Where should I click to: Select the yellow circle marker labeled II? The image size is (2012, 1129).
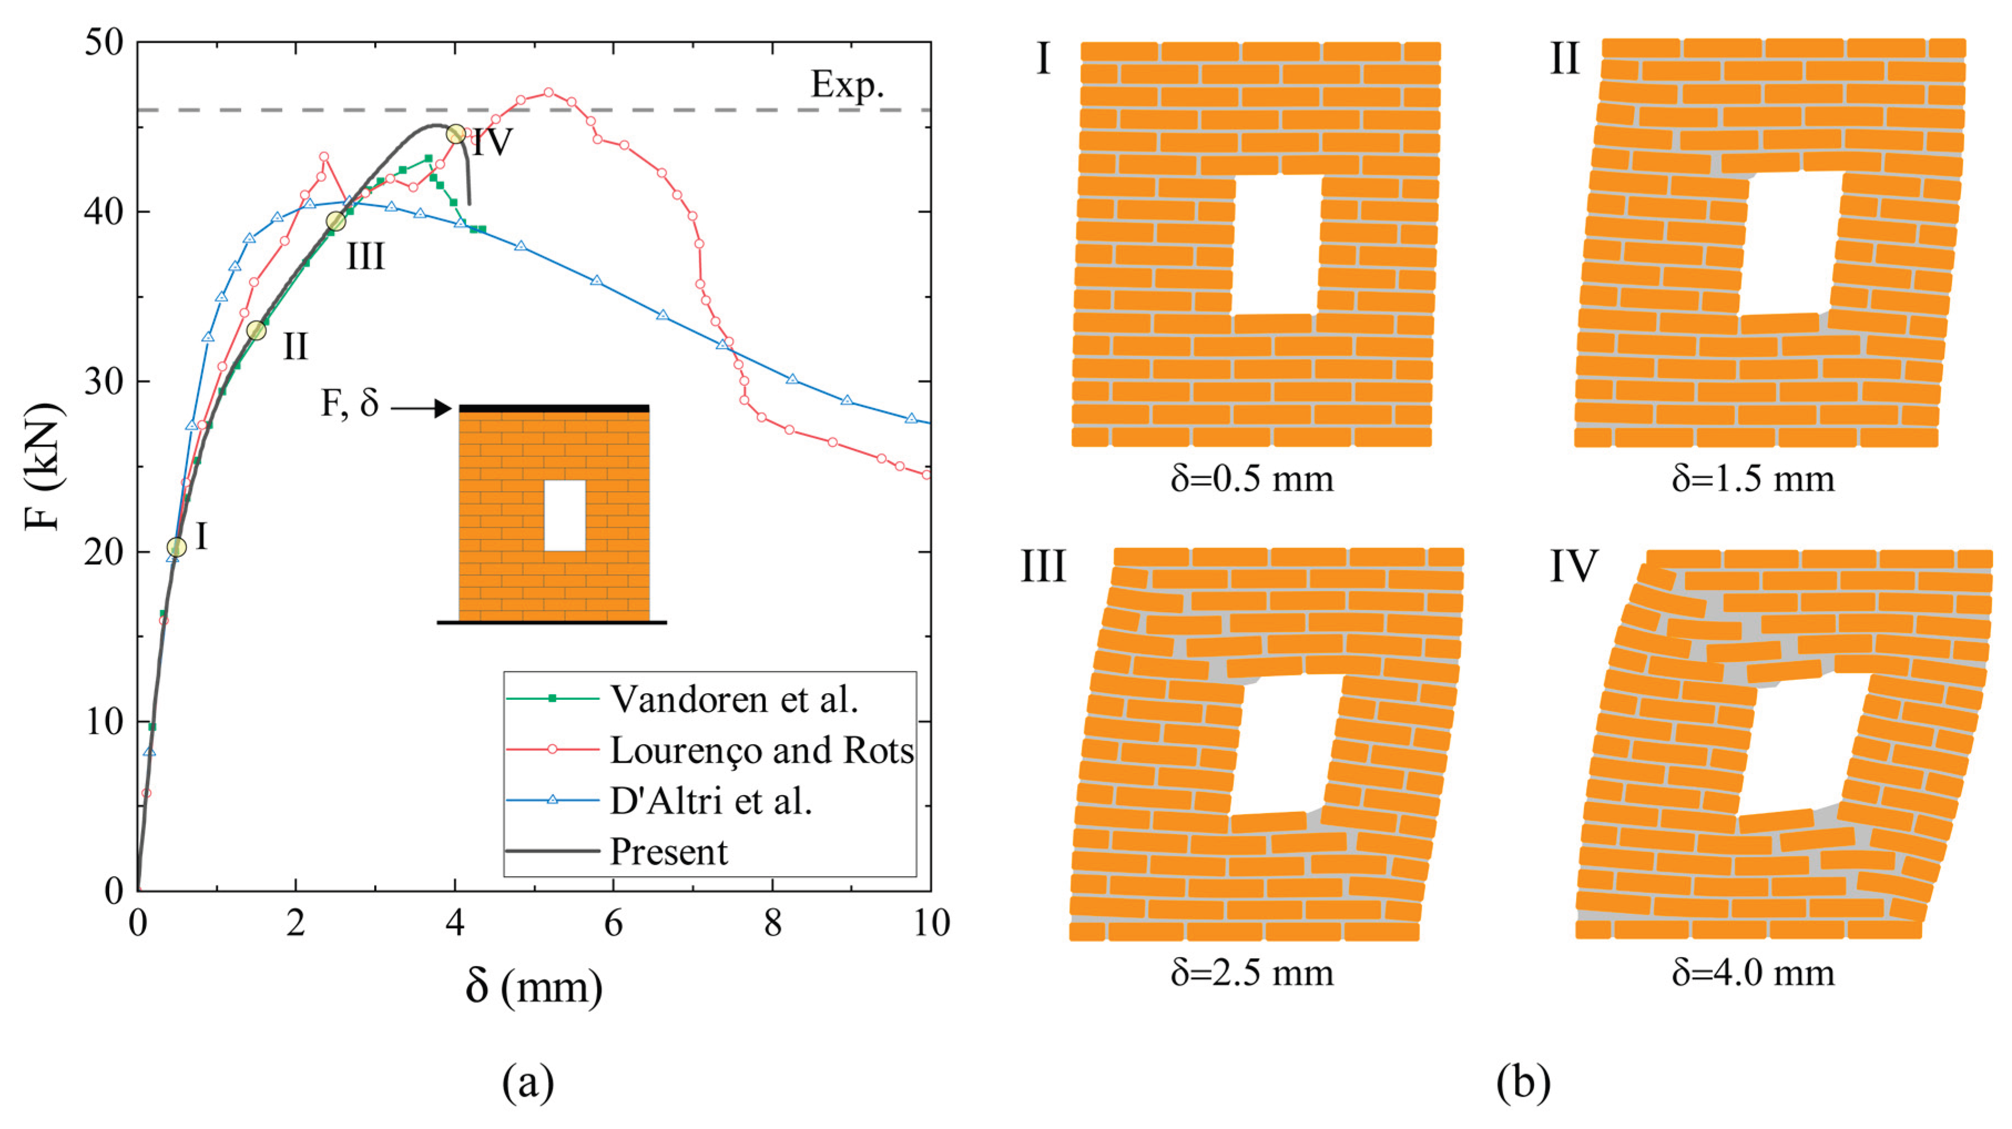256,331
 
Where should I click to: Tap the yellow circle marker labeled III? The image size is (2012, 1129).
336,222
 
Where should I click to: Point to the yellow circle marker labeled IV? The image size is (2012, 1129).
456,134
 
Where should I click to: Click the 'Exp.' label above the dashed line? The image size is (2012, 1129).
847,84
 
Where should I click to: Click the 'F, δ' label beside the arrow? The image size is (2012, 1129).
350,404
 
